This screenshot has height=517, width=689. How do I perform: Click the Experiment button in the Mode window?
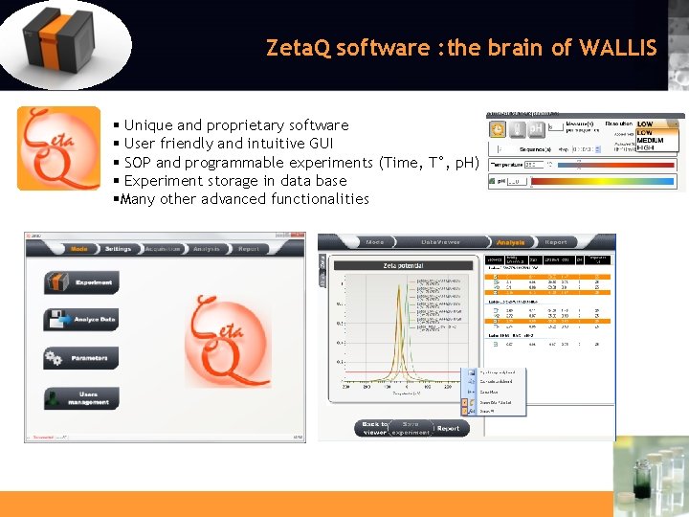point(81,282)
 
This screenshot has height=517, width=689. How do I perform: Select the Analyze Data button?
point(81,320)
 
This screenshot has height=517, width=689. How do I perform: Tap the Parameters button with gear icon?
point(81,358)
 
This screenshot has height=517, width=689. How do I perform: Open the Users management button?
point(81,398)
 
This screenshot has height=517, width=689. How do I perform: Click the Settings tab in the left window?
point(119,249)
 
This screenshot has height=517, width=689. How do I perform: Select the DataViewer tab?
point(441,242)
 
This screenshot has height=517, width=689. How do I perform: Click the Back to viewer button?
point(374,428)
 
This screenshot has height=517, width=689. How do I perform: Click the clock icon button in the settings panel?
point(498,129)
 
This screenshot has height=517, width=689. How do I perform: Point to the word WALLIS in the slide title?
point(618,47)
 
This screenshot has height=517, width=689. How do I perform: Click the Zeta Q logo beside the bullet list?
point(57,147)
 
